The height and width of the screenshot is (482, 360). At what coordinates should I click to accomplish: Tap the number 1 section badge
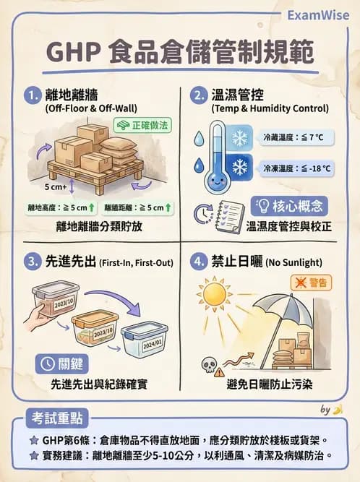(x=32, y=95)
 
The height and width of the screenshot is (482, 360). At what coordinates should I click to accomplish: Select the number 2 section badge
(x=197, y=95)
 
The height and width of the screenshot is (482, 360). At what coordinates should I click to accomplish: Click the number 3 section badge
(x=32, y=262)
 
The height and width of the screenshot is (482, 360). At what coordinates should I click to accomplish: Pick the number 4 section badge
(x=197, y=262)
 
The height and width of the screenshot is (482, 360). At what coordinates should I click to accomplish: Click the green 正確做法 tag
(x=143, y=125)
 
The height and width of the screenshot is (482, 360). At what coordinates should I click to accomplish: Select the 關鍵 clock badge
(x=61, y=362)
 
